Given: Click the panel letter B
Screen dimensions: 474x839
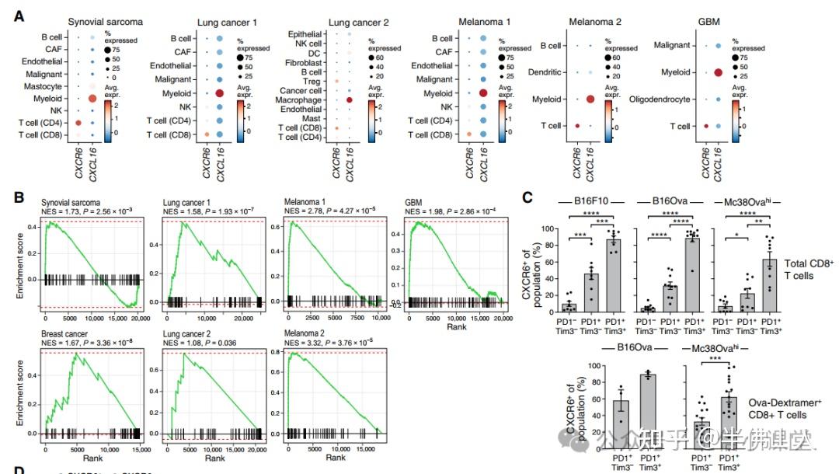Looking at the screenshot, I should [18, 197].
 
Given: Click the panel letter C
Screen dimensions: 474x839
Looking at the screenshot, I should [526, 197].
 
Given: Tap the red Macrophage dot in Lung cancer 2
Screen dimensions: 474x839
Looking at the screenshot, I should [350, 100].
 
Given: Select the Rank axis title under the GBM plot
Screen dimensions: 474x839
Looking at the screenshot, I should [456, 328].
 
